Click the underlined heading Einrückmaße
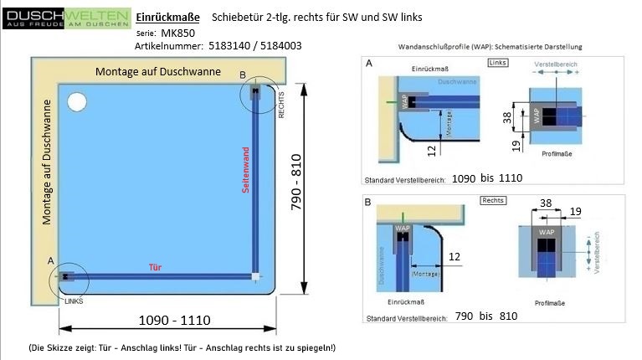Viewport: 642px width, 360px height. [167, 17]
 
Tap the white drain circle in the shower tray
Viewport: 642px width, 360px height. [77, 103]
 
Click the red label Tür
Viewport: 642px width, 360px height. [155, 266]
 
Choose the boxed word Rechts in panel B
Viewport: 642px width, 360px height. [493, 201]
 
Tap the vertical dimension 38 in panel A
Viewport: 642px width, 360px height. [507, 117]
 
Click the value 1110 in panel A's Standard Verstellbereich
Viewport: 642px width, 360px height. [509, 178]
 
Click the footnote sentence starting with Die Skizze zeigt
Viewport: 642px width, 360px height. [182, 347]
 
